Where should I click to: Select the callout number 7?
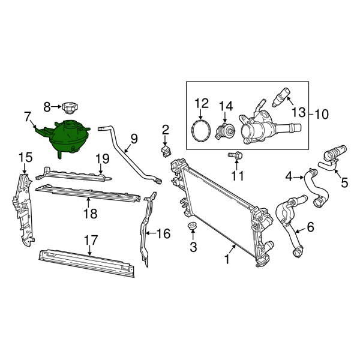pyautogui.click(x=28, y=115)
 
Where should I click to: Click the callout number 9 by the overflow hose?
pyautogui.click(x=133, y=139)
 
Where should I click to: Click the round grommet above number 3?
pyautogui.click(x=193, y=226)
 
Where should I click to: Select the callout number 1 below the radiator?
pyautogui.click(x=226, y=259)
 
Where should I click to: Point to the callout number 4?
pyautogui.click(x=289, y=177)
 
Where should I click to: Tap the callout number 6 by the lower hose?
pyautogui.click(x=310, y=227)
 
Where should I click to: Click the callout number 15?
pyautogui.click(x=25, y=158)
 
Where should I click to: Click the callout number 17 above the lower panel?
pyautogui.click(x=90, y=240)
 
